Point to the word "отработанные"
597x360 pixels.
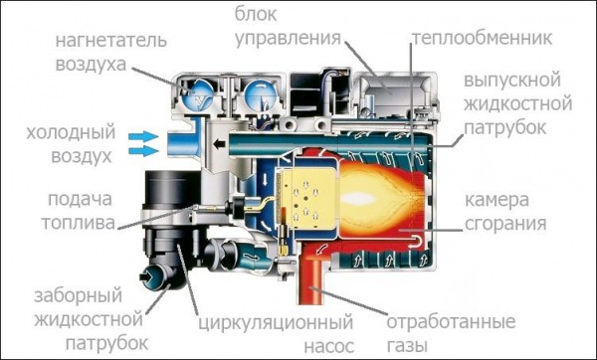[x=450, y=322]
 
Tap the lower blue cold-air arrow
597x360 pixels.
[x=147, y=151]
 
